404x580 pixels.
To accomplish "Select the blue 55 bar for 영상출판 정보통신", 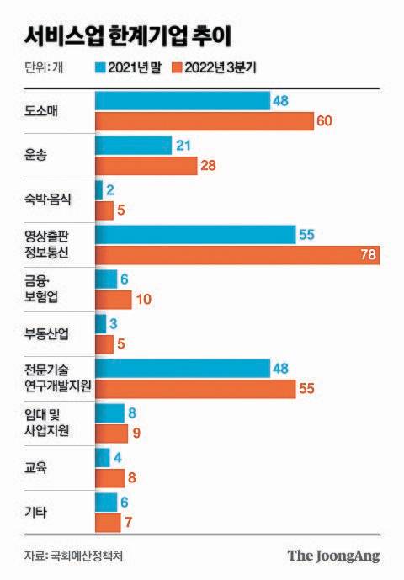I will [195, 235].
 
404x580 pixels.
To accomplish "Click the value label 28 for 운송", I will [210, 165].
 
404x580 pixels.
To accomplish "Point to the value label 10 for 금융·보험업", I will [144, 300].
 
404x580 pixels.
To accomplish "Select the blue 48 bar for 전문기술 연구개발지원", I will [182, 368].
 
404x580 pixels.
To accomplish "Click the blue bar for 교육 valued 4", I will [103, 457].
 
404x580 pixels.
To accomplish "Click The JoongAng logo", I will [333, 556].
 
